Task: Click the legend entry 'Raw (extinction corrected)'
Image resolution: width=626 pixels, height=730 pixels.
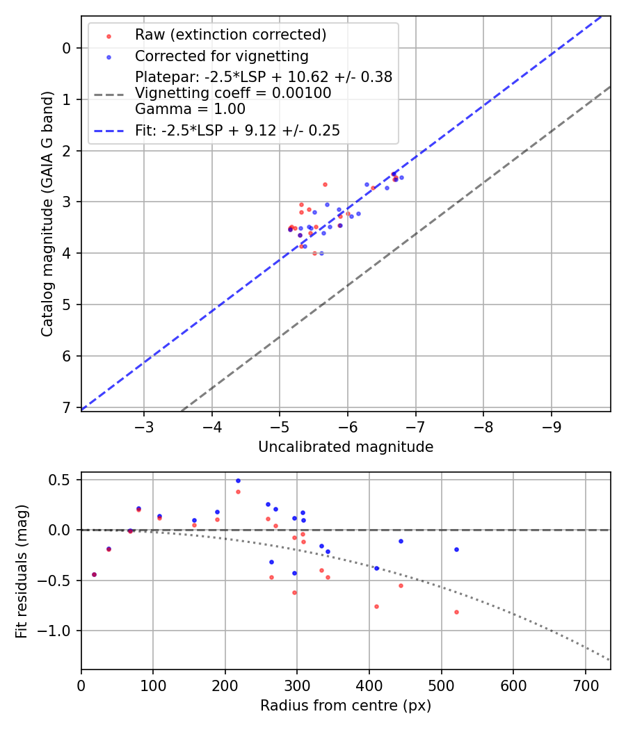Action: [x=230, y=35]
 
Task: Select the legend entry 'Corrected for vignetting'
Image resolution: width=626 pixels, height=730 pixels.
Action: [x=221, y=56]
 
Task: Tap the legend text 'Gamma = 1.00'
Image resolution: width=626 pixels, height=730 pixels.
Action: [x=190, y=108]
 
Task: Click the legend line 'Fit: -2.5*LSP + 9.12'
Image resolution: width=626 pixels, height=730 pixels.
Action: [x=237, y=130]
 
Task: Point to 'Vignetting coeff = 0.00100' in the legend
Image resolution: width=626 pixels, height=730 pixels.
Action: [x=233, y=92]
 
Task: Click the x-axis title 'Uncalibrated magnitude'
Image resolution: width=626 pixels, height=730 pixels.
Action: [x=346, y=447]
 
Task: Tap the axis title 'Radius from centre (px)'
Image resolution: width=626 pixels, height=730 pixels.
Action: [x=346, y=706]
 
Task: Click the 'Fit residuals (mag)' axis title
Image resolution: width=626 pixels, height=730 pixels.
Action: [x=22, y=571]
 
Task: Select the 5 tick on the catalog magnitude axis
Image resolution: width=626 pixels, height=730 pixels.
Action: [x=67, y=305]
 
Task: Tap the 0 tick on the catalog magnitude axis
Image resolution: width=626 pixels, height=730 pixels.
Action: [x=67, y=48]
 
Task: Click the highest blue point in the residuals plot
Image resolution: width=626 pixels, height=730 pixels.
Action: [x=238, y=480]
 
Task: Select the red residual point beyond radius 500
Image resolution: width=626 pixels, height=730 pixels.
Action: [x=456, y=612]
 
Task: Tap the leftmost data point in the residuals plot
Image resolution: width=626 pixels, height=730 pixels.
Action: [x=94, y=574]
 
